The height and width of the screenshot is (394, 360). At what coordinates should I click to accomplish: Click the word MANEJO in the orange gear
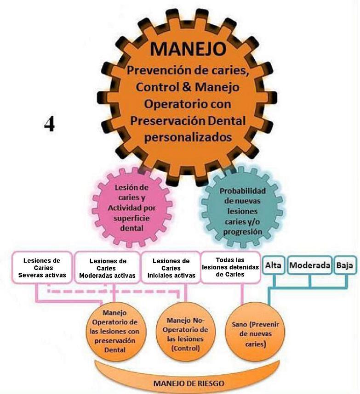[x=188, y=49]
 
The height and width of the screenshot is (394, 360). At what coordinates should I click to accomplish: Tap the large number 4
[x=49, y=124]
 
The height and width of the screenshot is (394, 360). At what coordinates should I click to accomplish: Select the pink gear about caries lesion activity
[x=132, y=207]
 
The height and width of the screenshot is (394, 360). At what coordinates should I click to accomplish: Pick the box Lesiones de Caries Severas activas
[x=42, y=268]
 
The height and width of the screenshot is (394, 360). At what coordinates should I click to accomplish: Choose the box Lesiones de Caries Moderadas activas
[x=108, y=268]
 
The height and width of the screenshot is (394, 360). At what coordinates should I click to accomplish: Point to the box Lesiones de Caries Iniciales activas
[x=171, y=268]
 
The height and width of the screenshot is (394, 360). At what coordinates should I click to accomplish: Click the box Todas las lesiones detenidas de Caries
[x=230, y=267]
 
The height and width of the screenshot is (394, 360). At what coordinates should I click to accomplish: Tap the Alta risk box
[x=273, y=265]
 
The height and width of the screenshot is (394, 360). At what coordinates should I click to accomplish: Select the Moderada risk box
[x=309, y=265]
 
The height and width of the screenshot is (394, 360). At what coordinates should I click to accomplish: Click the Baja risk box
[x=345, y=265]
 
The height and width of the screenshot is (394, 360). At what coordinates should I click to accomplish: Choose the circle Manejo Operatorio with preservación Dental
[x=114, y=332]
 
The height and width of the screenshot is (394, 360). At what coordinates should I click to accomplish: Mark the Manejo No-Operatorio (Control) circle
[x=186, y=332]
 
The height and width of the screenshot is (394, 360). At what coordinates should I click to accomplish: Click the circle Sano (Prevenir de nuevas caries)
[x=255, y=332]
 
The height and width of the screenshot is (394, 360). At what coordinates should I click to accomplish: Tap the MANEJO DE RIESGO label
[x=189, y=383]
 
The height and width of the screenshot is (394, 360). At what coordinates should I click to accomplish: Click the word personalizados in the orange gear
[x=188, y=138]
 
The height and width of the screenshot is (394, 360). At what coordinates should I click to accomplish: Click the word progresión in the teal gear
[x=242, y=232]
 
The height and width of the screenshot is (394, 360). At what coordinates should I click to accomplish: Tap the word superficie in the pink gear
[x=131, y=218]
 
